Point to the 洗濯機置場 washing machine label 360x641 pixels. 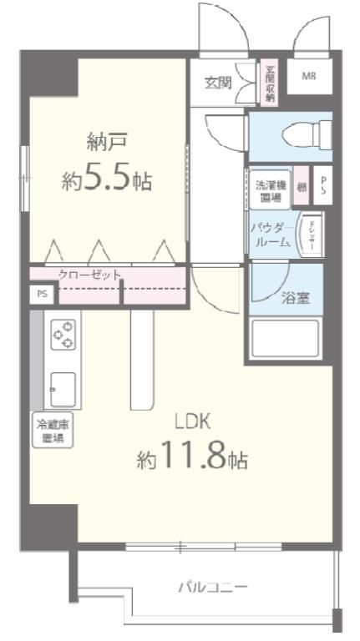pyautogui.click(x=269, y=189)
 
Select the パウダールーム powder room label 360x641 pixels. pyautogui.click(x=270, y=234)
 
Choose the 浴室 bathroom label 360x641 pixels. pyautogui.click(x=294, y=297)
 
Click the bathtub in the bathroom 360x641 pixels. pyautogui.click(x=287, y=338)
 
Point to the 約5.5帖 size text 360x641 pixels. pyautogui.click(x=106, y=179)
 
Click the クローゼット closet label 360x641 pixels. pyautogui.click(x=89, y=274)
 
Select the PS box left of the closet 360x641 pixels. pyautogui.click(x=42, y=294)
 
